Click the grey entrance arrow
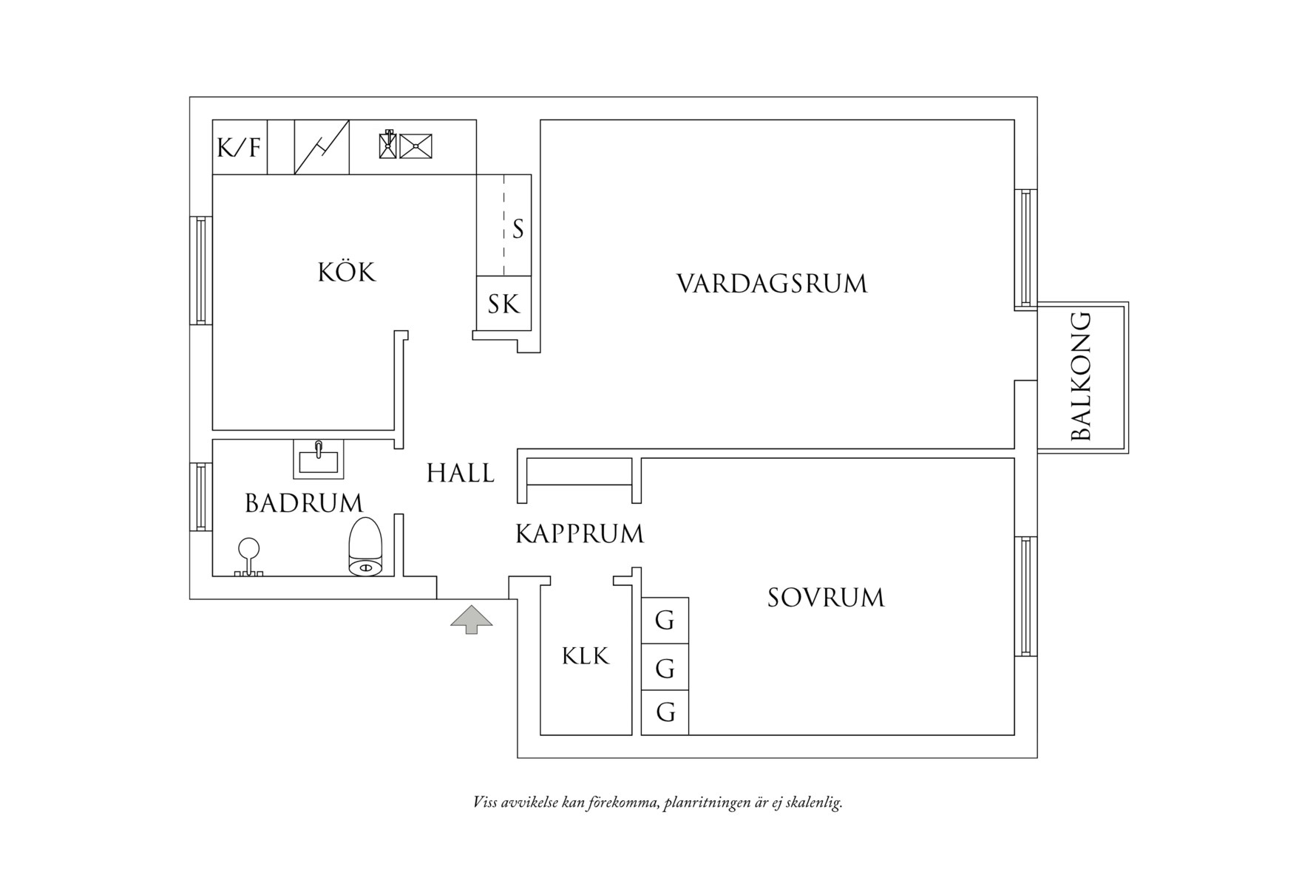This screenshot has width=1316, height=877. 472,619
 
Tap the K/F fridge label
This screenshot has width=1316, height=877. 239,148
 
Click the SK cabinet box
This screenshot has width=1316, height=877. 503,304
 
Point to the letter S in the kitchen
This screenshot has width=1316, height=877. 518,230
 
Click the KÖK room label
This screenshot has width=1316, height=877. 346,273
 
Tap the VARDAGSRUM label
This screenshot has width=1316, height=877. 772,284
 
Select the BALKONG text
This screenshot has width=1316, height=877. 1081,377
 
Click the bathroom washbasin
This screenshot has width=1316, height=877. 318,459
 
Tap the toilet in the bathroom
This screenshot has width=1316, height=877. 364,547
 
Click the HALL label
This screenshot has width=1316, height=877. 460,474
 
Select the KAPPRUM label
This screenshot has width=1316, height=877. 579,533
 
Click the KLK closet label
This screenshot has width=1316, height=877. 585,656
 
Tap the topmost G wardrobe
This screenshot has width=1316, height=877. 665,621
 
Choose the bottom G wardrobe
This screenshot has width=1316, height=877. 665,713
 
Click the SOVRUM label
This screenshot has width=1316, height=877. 825,598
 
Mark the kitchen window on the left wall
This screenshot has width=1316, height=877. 200,270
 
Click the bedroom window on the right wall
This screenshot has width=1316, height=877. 1025,596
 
